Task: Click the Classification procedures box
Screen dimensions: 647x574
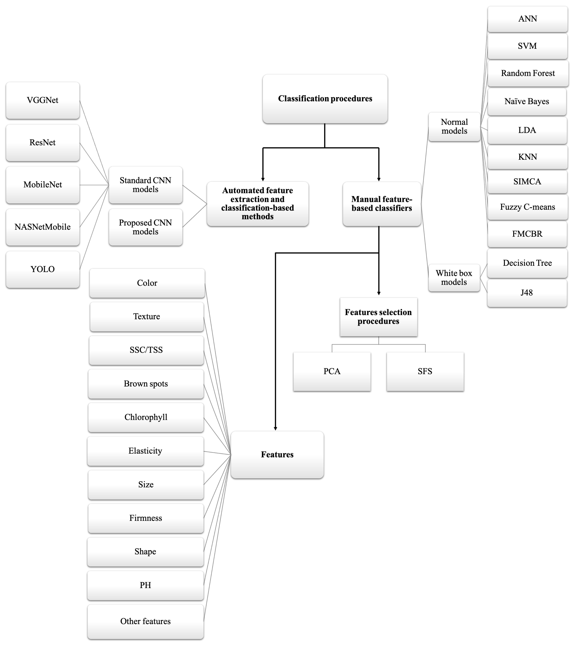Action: coord(325,99)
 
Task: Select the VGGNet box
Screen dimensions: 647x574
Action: coord(43,100)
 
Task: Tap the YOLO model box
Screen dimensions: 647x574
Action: coord(43,269)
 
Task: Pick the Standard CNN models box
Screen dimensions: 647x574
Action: coord(145,185)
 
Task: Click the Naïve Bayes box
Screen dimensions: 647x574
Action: coord(527,102)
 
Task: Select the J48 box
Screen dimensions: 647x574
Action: coord(527,293)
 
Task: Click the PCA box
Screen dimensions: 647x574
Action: coord(332,371)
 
